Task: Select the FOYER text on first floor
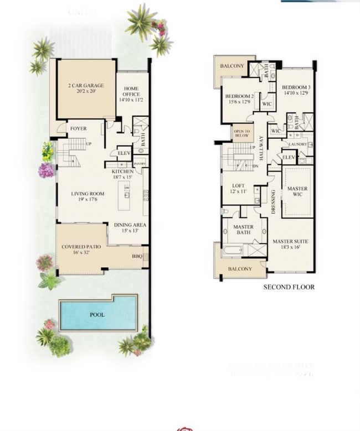click(78, 128)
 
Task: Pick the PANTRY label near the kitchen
click(140, 164)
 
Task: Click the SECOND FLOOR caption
click(289, 287)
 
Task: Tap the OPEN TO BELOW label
click(241, 133)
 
